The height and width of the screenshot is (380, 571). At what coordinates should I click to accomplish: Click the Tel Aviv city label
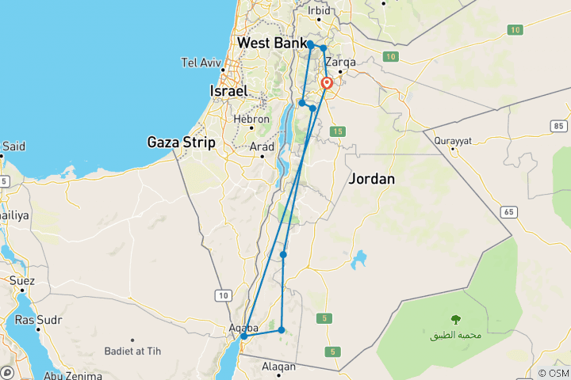[199, 62]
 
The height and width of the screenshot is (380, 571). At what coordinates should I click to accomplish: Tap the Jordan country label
[370, 179]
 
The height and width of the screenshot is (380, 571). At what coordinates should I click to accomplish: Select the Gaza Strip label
[181, 142]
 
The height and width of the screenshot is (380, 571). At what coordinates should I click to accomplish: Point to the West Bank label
[272, 42]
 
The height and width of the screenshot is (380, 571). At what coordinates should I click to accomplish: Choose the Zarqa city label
[340, 62]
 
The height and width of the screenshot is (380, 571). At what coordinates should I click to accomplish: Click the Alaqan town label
[278, 367]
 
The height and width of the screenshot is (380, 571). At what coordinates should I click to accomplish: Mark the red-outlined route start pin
[327, 82]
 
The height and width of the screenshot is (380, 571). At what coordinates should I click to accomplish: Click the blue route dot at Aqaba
[244, 336]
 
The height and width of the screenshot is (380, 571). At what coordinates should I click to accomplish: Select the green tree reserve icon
[455, 320]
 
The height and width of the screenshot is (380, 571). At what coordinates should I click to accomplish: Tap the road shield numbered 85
[558, 126]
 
